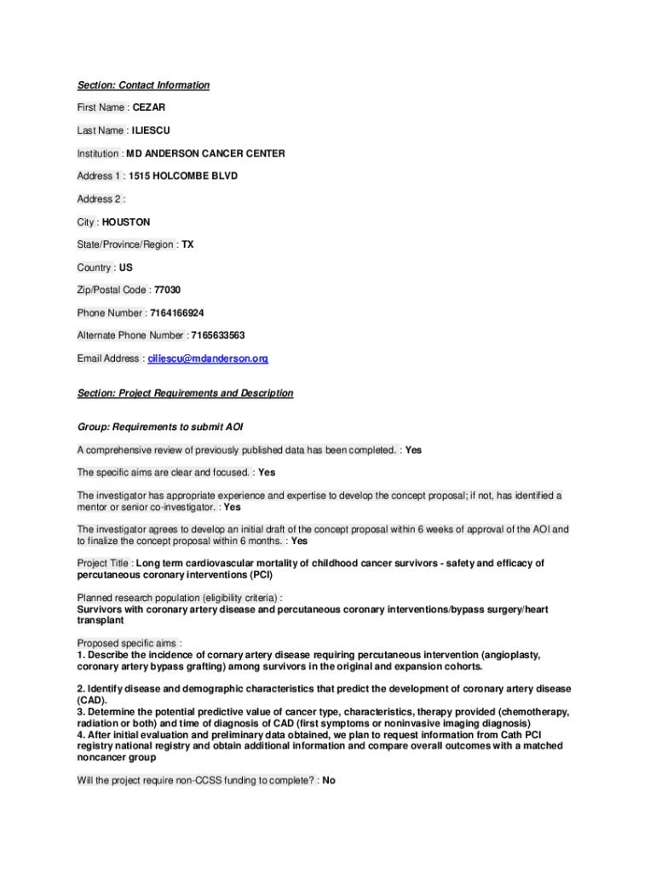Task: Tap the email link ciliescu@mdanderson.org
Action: point(208,359)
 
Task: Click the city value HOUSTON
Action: point(126,221)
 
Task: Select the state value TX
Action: point(187,244)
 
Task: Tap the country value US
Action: point(126,267)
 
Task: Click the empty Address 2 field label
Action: point(101,199)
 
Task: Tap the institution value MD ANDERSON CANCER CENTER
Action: point(205,153)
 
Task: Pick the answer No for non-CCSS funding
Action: point(329,779)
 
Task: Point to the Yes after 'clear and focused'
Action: point(267,472)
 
